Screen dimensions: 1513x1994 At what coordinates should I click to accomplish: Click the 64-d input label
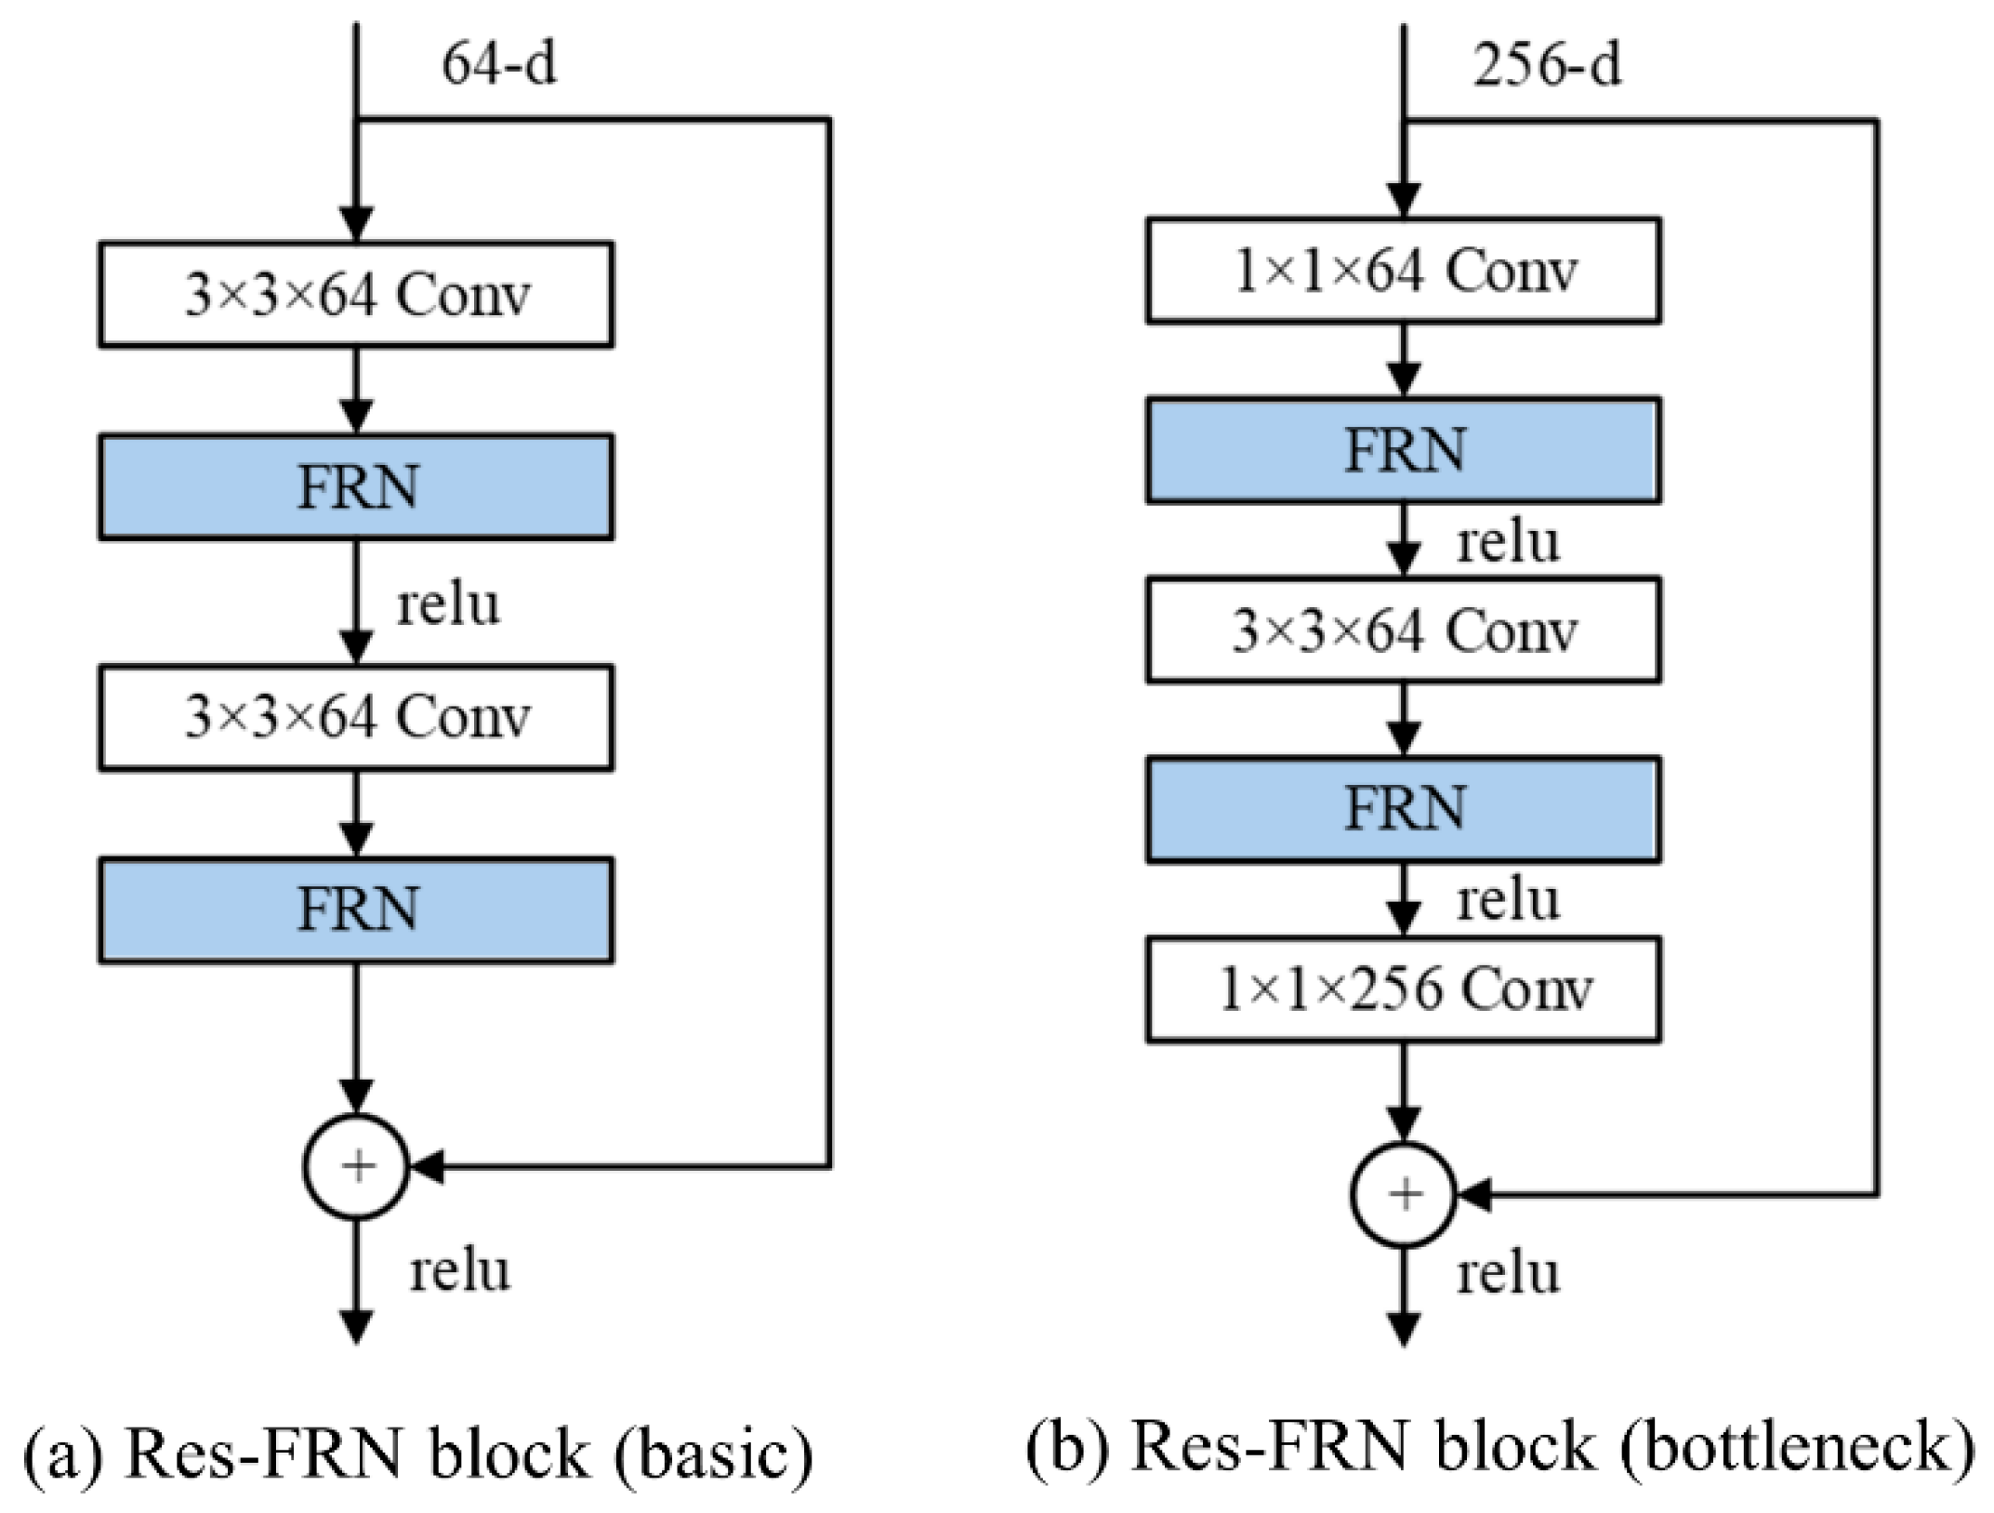[499, 65]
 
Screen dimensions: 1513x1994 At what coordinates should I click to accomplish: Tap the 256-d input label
[1547, 65]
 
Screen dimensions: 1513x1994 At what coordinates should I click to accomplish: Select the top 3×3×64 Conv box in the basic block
[356, 295]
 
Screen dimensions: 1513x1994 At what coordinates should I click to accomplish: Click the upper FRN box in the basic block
[356, 486]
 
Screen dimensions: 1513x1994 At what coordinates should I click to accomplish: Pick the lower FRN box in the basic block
[356, 909]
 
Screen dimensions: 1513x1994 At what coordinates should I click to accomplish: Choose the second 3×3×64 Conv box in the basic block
[356, 717]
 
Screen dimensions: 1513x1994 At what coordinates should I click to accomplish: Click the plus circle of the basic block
[357, 1166]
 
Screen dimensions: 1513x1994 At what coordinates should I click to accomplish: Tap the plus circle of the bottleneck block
[1404, 1194]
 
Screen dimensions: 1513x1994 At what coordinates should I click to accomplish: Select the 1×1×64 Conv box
[1404, 271]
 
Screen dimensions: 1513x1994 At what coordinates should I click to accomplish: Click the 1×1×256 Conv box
[1404, 989]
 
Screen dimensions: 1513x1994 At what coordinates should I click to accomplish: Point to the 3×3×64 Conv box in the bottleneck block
[1404, 630]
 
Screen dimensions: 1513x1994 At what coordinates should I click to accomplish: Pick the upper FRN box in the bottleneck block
[1404, 450]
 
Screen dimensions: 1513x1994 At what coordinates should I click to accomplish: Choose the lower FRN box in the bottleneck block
[1404, 809]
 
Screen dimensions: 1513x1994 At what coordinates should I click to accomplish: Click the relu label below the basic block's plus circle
[460, 1270]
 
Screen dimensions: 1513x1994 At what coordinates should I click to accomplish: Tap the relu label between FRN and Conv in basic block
[448, 604]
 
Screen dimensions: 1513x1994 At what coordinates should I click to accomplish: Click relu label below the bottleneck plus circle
[1508, 1273]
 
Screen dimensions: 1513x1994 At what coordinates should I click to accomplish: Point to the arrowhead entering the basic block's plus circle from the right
[427, 1166]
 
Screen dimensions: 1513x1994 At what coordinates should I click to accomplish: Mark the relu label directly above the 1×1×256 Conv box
[1508, 900]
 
